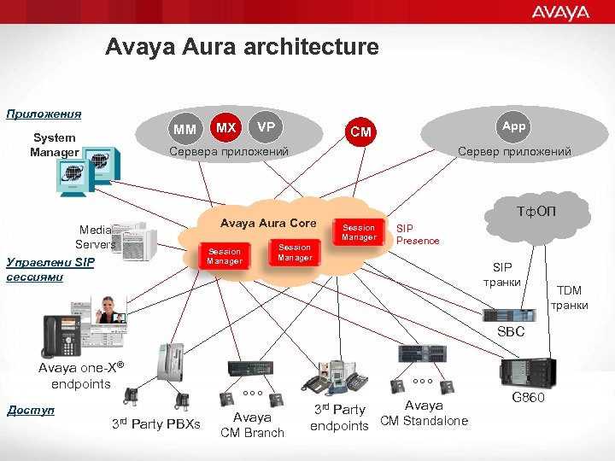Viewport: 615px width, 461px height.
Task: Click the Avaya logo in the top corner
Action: click(560, 13)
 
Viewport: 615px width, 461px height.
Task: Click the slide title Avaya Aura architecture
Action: click(242, 47)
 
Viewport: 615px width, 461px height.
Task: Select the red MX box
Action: click(225, 128)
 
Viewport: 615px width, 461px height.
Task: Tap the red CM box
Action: click(361, 132)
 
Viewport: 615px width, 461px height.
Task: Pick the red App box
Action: click(513, 126)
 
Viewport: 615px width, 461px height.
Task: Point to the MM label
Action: click(184, 130)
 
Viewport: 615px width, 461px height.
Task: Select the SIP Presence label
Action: click(417, 235)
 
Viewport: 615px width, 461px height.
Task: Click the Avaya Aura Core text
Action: click(268, 224)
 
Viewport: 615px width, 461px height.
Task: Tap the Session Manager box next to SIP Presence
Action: click(359, 232)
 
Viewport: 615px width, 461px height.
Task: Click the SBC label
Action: click(511, 331)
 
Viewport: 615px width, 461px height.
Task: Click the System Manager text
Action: click(54, 144)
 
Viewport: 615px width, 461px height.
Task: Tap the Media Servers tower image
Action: click(134, 242)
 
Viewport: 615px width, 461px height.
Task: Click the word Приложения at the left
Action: click(44, 114)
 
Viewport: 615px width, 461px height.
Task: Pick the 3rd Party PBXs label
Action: click(155, 424)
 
